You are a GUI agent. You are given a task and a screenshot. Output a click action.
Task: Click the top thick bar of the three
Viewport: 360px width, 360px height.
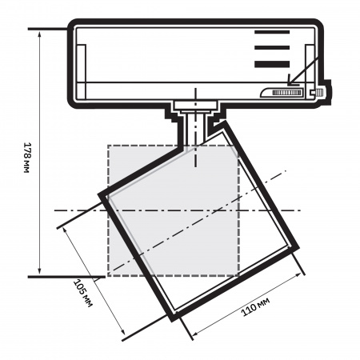coord(272,33)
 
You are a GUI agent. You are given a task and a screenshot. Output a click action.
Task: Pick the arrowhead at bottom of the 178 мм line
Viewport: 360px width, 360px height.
coord(38,274)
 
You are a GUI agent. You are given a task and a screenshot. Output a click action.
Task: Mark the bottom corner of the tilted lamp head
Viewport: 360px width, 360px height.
coord(172,318)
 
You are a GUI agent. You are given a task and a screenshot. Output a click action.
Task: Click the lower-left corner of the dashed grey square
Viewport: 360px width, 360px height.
coord(108,276)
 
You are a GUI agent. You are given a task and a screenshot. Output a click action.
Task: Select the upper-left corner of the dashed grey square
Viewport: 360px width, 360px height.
coord(108,145)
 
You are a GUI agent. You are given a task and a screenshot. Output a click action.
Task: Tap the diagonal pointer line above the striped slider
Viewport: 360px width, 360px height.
coord(307,71)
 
